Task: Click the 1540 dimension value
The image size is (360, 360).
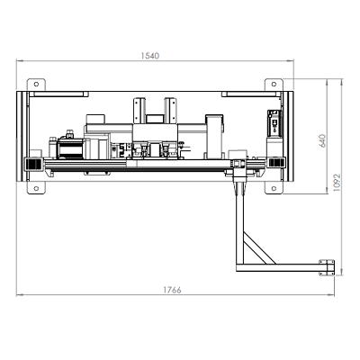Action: (x=150, y=56)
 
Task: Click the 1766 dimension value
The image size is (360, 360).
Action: (x=172, y=290)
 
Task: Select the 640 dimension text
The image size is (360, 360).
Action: (x=322, y=140)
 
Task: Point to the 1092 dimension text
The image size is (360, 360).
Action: (x=337, y=183)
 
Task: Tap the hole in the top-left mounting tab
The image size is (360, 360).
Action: (x=36, y=84)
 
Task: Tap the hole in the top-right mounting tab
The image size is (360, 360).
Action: (x=274, y=84)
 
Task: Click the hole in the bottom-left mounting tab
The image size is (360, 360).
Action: (x=36, y=188)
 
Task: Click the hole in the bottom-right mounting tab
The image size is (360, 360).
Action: (x=274, y=188)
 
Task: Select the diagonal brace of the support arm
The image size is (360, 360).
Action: (x=259, y=248)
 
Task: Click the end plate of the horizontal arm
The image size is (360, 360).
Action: (x=327, y=267)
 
